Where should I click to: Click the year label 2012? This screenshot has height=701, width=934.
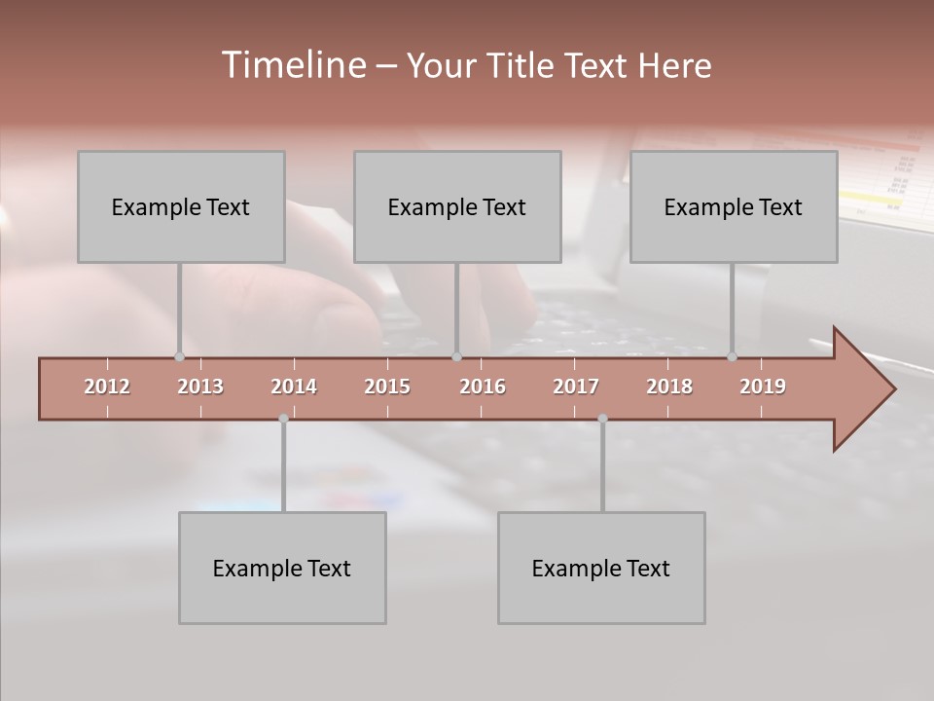107,387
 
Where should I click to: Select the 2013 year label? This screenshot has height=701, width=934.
200,387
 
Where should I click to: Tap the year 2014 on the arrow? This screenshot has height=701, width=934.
294,387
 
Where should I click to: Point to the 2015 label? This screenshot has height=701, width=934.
387,387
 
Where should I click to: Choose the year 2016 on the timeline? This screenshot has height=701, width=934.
483,387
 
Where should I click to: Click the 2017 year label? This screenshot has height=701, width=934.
576,387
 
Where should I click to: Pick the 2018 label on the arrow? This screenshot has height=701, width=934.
669,387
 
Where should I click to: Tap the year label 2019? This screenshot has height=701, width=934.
763,387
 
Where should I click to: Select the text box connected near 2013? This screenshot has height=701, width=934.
181,206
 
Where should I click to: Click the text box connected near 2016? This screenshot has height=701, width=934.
457,206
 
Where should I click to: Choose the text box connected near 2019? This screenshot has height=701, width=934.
734,206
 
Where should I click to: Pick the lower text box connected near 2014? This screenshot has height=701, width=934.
282,568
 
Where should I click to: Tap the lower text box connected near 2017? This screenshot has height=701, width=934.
601,568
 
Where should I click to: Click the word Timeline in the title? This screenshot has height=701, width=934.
292,64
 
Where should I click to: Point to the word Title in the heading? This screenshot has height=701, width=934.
526,65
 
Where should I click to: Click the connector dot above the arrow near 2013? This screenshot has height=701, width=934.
179,356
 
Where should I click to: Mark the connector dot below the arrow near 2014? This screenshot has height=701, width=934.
283,419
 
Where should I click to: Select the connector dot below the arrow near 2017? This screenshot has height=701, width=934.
602,419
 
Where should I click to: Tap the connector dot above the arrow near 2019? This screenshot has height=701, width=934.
733,356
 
